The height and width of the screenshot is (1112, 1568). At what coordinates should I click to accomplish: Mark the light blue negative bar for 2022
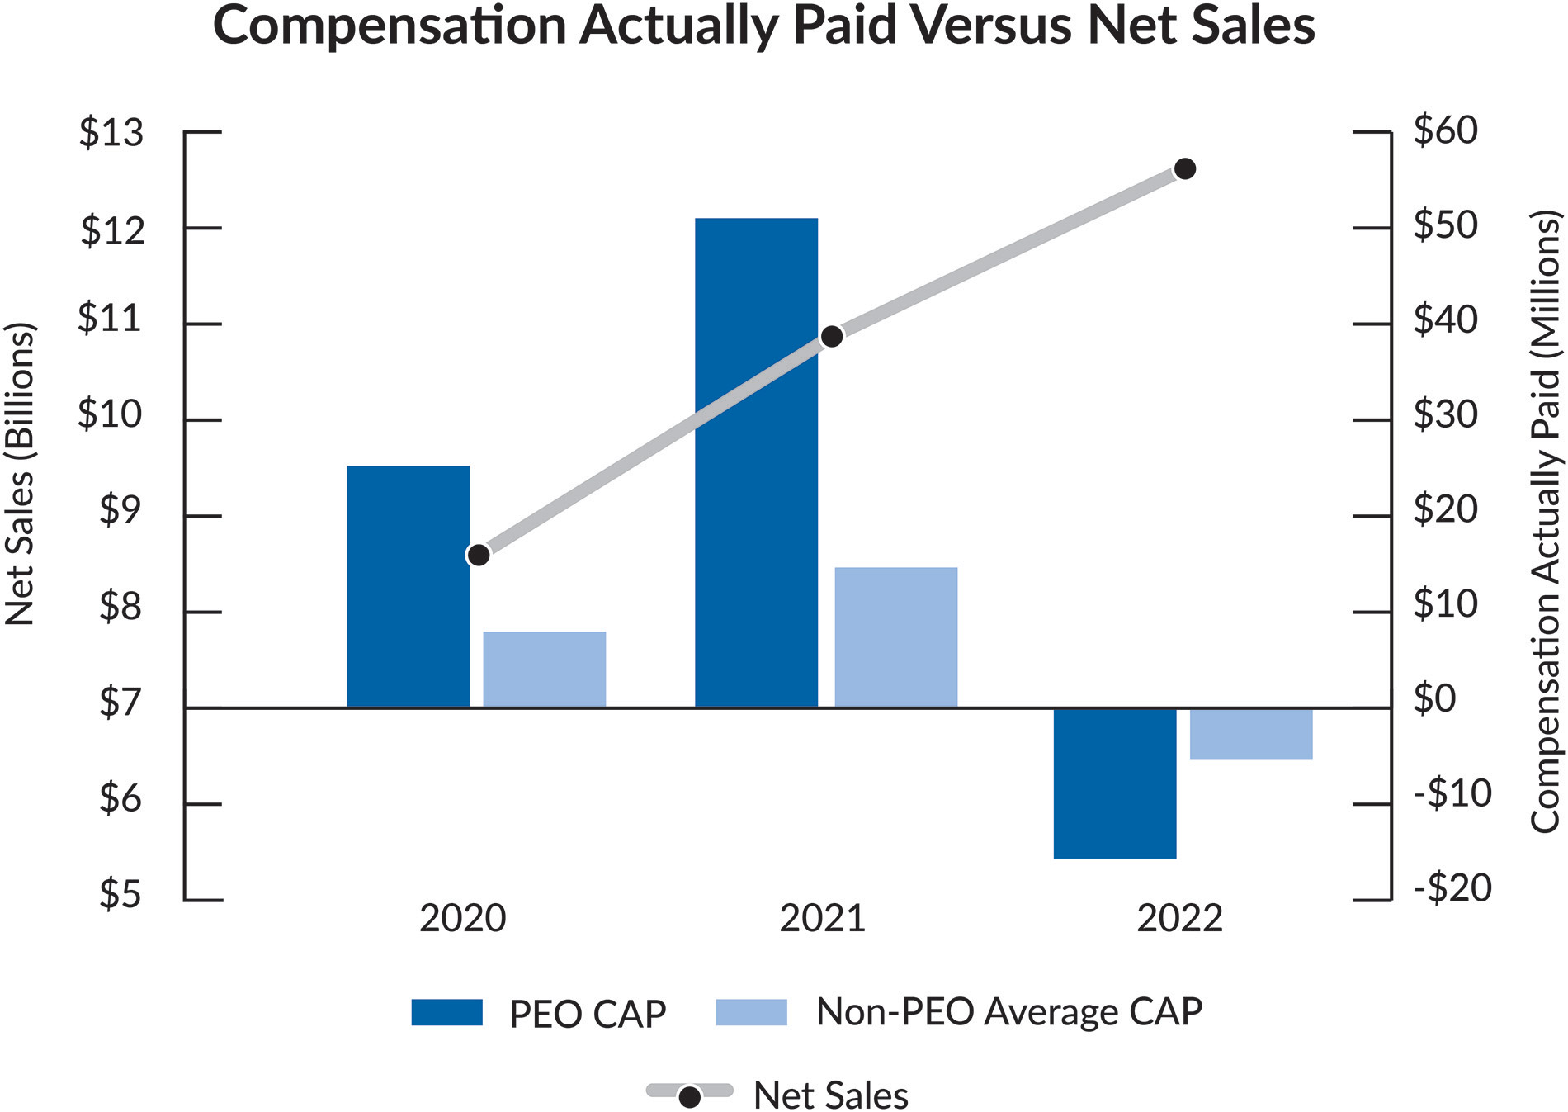[x=1250, y=733]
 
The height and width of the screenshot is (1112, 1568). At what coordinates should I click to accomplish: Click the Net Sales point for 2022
[x=1184, y=169]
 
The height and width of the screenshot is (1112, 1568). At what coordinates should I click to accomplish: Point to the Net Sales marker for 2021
[x=832, y=336]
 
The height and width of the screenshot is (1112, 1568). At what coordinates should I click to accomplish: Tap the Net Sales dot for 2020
[x=478, y=555]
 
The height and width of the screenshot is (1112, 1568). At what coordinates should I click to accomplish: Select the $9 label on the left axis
[x=120, y=509]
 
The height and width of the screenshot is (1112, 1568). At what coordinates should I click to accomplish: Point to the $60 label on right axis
[x=1445, y=130]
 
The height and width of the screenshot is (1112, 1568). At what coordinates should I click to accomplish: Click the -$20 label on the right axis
[x=1452, y=888]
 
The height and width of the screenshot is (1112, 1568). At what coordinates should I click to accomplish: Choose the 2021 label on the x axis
[x=822, y=918]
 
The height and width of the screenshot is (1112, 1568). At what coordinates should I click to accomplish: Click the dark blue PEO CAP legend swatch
[x=446, y=1012]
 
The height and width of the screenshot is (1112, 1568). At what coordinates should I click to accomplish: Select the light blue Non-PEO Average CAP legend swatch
[x=751, y=1012]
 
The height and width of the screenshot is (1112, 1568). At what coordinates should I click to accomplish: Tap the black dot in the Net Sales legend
[x=689, y=1097]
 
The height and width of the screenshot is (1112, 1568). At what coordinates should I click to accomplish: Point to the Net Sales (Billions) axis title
[x=20, y=473]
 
